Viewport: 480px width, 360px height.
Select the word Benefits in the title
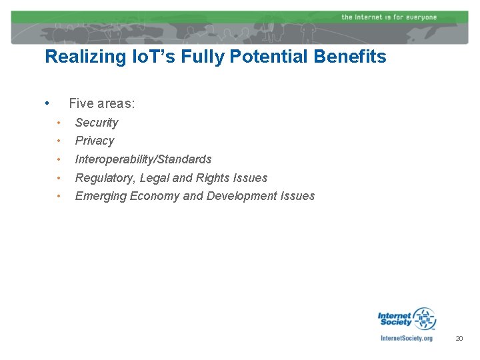point(354,57)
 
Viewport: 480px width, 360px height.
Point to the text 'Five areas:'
point(102,103)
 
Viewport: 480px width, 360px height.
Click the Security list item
point(97,123)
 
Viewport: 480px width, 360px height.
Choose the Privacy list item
point(95,141)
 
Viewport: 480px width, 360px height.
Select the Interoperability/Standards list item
point(143,159)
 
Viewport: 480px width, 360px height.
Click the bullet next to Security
point(59,123)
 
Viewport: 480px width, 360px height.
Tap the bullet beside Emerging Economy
point(59,196)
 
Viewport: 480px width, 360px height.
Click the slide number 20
point(459,339)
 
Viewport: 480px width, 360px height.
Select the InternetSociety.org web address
point(406,338)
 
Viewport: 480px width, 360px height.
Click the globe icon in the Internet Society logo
point(424,319)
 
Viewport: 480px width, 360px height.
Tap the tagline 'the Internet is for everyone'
point(389,17)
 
